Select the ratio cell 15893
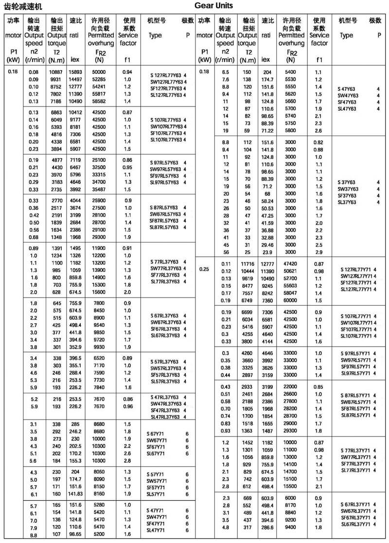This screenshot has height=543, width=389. tap(75, 72)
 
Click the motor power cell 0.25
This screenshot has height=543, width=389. tap(204, 268)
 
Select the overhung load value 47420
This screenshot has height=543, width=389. tap(290, 264)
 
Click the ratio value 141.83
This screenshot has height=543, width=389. tap(75, 494)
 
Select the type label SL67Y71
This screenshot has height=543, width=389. tap(157, 454)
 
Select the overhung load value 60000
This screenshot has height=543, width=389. tap(290, 300)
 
